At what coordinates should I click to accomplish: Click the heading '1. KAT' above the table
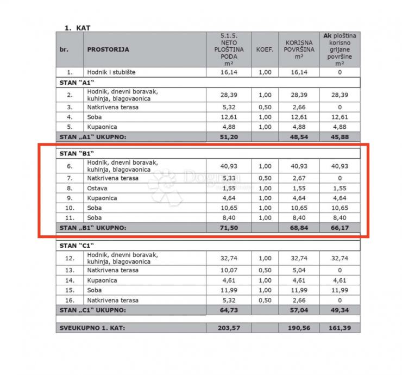pos(77,27)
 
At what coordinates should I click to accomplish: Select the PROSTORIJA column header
pos(108,49)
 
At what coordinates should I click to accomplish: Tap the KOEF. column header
pos(264,49)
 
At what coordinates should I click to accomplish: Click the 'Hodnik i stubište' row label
pos(111,72)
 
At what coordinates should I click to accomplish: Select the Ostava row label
pos(96,188)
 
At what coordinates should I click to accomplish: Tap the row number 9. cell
pos(70,198)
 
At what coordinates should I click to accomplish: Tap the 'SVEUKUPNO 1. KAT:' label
pos(91,328)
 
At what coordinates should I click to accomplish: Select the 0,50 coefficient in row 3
pos(264,107)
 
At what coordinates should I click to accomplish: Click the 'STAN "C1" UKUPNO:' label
pos(93,310)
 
